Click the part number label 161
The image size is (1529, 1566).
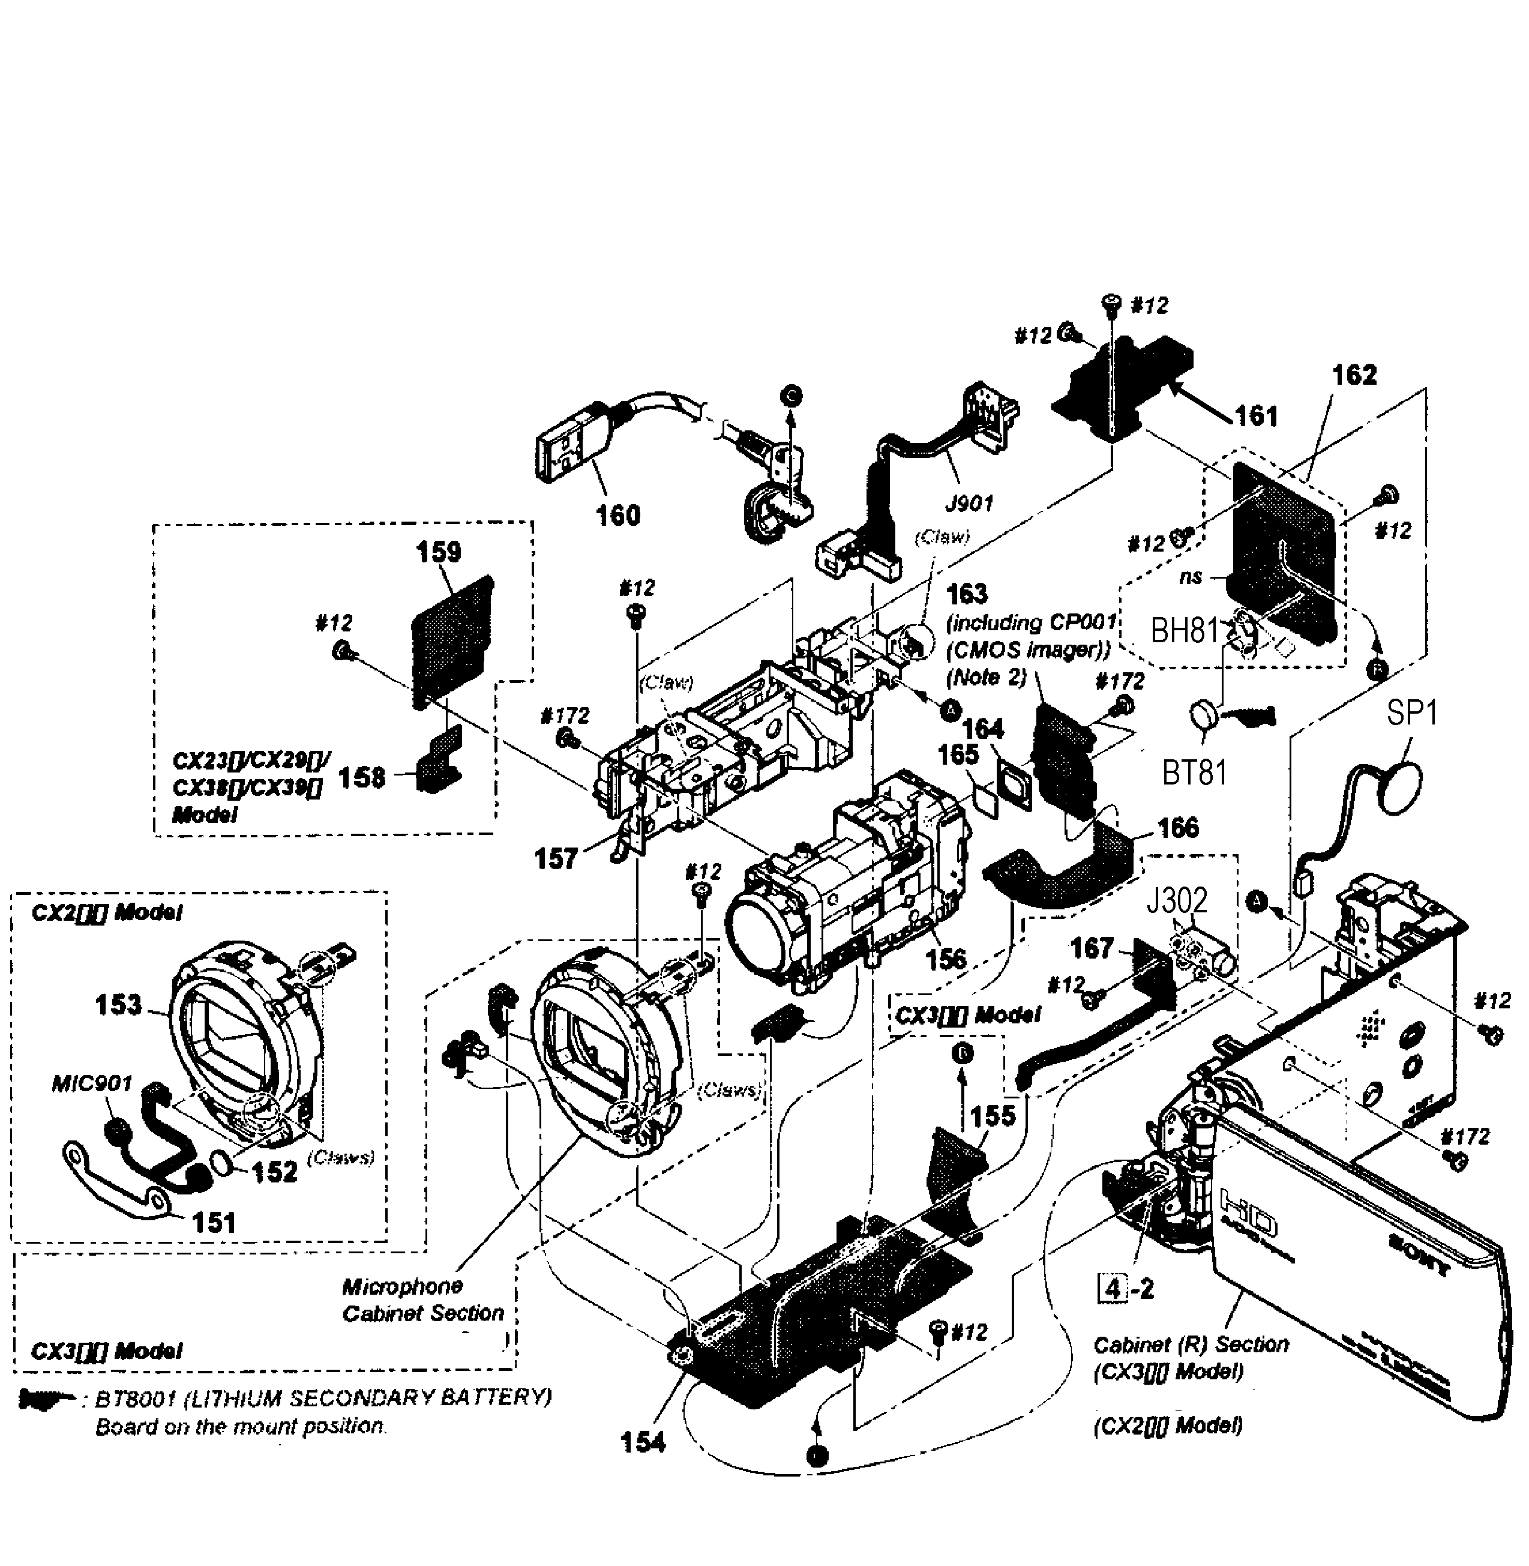(1256, 415)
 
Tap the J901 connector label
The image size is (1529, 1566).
(969, 504)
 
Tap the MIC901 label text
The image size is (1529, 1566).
(92, 1084)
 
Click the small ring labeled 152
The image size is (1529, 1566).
(223, 1162)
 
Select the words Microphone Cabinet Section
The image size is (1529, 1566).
(423, 1299)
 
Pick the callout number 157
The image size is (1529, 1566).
(556, 858)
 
